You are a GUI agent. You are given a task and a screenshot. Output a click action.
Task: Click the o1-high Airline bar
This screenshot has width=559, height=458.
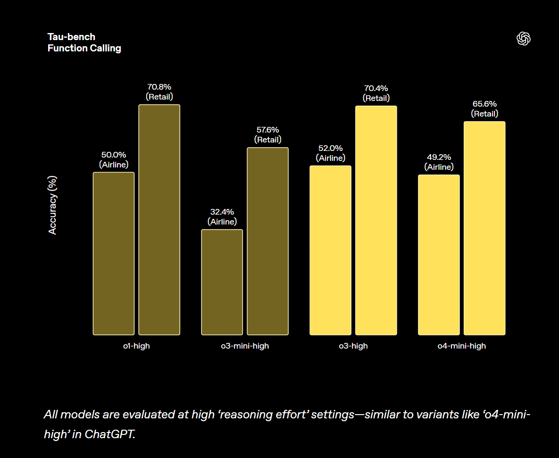(114, 253)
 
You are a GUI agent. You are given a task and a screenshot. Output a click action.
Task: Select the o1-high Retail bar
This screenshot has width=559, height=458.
(159, 219)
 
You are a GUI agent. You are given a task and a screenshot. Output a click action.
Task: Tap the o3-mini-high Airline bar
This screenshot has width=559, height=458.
(222, 282)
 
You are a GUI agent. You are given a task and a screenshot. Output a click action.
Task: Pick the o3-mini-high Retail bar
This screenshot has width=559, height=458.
(267, 241)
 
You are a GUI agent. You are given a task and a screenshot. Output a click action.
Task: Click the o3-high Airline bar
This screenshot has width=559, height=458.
(330, 250)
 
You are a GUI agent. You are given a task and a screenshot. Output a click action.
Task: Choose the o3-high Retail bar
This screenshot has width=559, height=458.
(376, 220)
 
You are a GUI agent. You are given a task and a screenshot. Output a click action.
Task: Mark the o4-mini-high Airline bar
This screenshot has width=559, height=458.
(439, 255)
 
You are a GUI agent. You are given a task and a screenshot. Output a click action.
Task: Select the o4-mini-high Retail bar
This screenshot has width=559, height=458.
(484, 228)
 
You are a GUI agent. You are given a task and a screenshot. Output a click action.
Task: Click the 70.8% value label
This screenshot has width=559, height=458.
(159, 87)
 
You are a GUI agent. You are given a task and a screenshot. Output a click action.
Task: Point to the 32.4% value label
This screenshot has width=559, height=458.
(222, 212)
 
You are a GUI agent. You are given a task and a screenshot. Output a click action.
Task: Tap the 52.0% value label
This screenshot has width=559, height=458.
(330, 148)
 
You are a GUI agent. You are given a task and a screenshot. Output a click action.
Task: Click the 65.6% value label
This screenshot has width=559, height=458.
(484, 104)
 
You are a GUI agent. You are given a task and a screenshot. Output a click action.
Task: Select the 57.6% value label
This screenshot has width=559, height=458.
(267, 130)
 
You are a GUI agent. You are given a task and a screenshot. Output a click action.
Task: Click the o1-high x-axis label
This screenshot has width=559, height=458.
(136, 346)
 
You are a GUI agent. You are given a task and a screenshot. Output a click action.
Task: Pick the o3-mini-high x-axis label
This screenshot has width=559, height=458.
(245, 346)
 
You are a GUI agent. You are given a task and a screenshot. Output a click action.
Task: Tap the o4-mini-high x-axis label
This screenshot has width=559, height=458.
(461, 346)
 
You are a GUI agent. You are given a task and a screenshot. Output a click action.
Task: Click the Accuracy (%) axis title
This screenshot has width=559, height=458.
(52, 205)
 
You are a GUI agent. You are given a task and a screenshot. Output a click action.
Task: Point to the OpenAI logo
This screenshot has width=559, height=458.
(524, 39)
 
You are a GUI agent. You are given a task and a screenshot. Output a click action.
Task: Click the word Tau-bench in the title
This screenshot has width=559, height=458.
(71, 37)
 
